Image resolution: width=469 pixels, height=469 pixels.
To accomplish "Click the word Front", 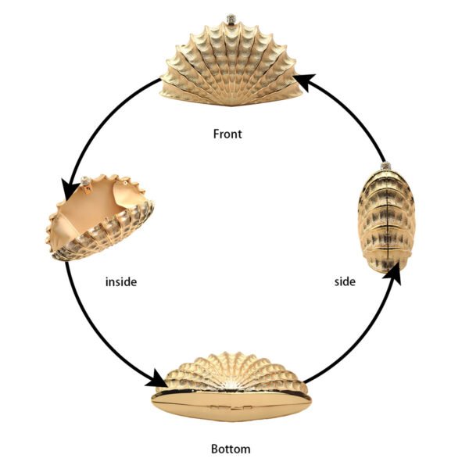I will [227, 134].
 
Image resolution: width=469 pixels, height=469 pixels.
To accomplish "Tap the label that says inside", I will [121, 281].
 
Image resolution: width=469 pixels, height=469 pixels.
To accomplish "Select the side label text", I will [344, 281].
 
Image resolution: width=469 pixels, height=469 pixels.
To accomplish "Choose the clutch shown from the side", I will [384, 223].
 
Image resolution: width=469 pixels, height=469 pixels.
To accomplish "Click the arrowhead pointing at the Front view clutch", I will [305, 81].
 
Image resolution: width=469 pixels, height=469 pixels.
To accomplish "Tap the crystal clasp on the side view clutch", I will [385, 166].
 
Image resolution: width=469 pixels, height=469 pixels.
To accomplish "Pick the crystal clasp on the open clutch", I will [86, 181].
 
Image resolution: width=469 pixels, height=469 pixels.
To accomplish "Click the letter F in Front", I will [217, 134].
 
